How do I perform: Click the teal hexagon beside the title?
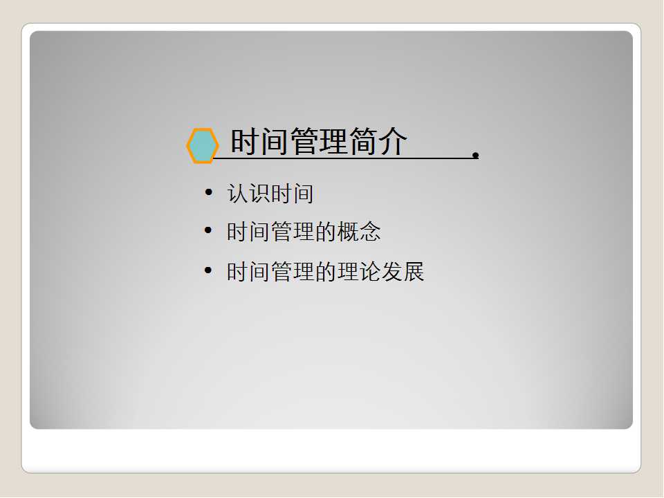point(203,145)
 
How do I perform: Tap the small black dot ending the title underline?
point(476,156)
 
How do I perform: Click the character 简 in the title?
point(363,141)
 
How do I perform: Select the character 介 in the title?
point(393,141)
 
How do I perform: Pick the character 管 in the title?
point(304,141)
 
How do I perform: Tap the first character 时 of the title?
point(245,141)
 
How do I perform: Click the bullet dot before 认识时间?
point(208,193)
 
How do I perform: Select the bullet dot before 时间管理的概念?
point(208,230)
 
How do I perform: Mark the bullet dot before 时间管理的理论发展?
point(208,270)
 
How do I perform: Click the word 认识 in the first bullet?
point(248,194)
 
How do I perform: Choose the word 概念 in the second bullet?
point(359,232)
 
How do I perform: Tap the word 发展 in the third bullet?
point(403,271)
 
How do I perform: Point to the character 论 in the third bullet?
point(370,271)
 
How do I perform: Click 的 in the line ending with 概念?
point(326,232)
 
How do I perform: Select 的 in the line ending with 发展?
point(326,271)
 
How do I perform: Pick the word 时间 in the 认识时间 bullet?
point(292,194)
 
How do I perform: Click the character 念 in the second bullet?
point(370,232)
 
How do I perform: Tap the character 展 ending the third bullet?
point(414,271)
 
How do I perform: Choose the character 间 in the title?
point(275,141)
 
